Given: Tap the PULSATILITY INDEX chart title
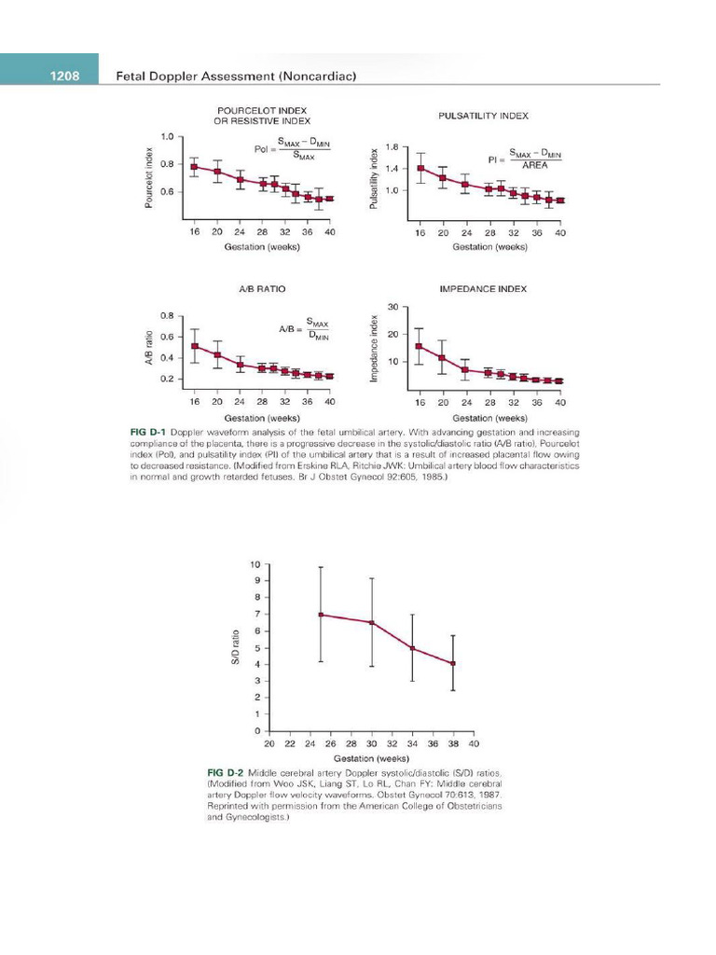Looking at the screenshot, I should (x=483, y=116).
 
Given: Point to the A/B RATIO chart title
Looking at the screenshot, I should (x=262, y=289).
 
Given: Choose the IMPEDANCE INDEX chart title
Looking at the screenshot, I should (x=482, y=289).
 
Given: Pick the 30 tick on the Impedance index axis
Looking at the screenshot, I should (x=392, y=307).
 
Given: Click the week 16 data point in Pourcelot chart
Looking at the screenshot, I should (x=194, y=167).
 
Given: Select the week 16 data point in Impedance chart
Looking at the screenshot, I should (x=420, y=347).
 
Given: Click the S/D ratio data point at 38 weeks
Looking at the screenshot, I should (x=453, y=663).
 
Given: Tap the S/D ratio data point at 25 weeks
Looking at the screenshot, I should (x=321, y=615).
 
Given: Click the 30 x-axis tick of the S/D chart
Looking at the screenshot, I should (x=371, y=744).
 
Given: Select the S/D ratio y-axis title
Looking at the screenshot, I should (x=237, y=647).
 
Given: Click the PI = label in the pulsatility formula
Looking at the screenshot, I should (x=496, y=160).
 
